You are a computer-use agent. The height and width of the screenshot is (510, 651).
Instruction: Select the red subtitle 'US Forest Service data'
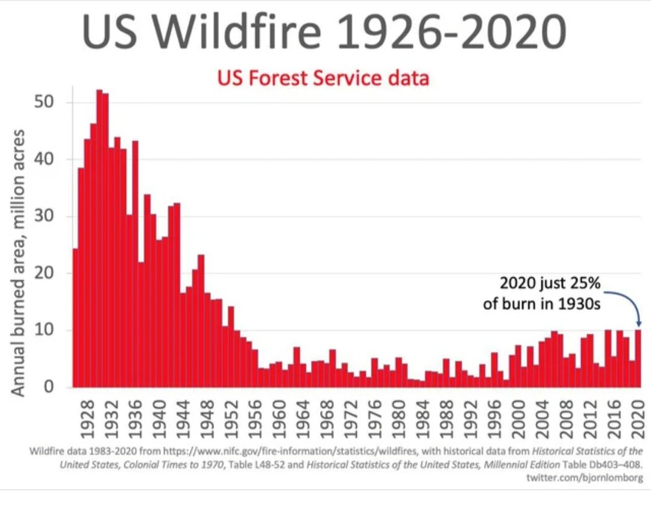tap(323, 78)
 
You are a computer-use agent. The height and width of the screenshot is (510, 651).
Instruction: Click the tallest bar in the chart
tap(99, 241)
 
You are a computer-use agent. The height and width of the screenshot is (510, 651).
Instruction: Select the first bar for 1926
tap(75, 319)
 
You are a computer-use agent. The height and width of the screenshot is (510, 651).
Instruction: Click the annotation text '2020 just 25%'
tap(550, 283)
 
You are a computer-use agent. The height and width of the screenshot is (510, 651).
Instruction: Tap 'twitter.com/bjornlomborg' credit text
tap(585, 478)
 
